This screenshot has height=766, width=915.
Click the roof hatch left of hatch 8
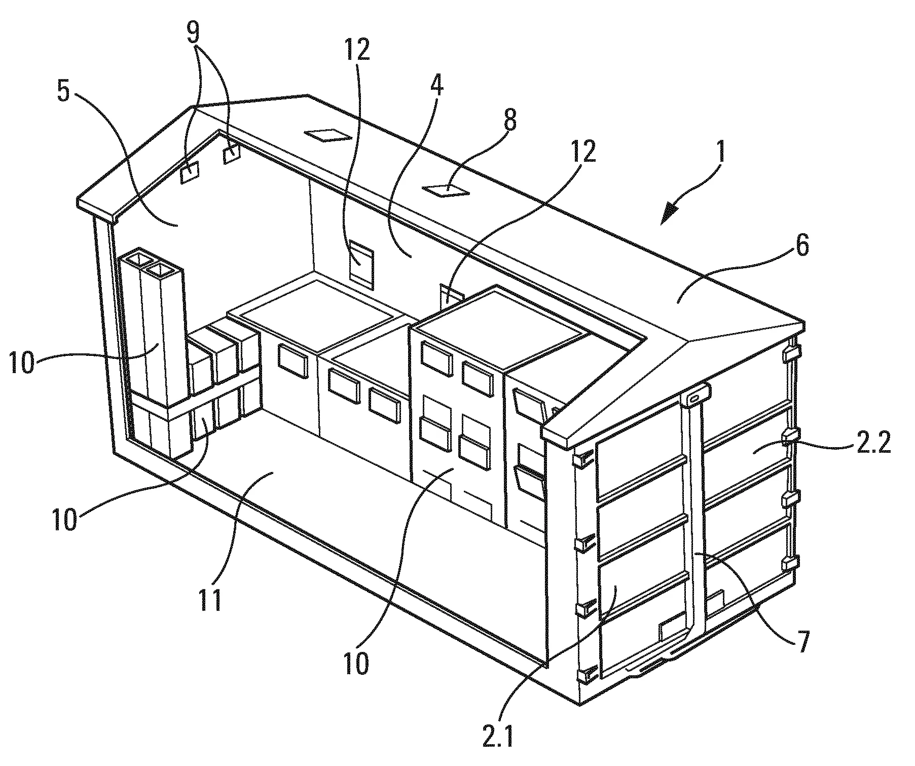coord(327,135)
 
